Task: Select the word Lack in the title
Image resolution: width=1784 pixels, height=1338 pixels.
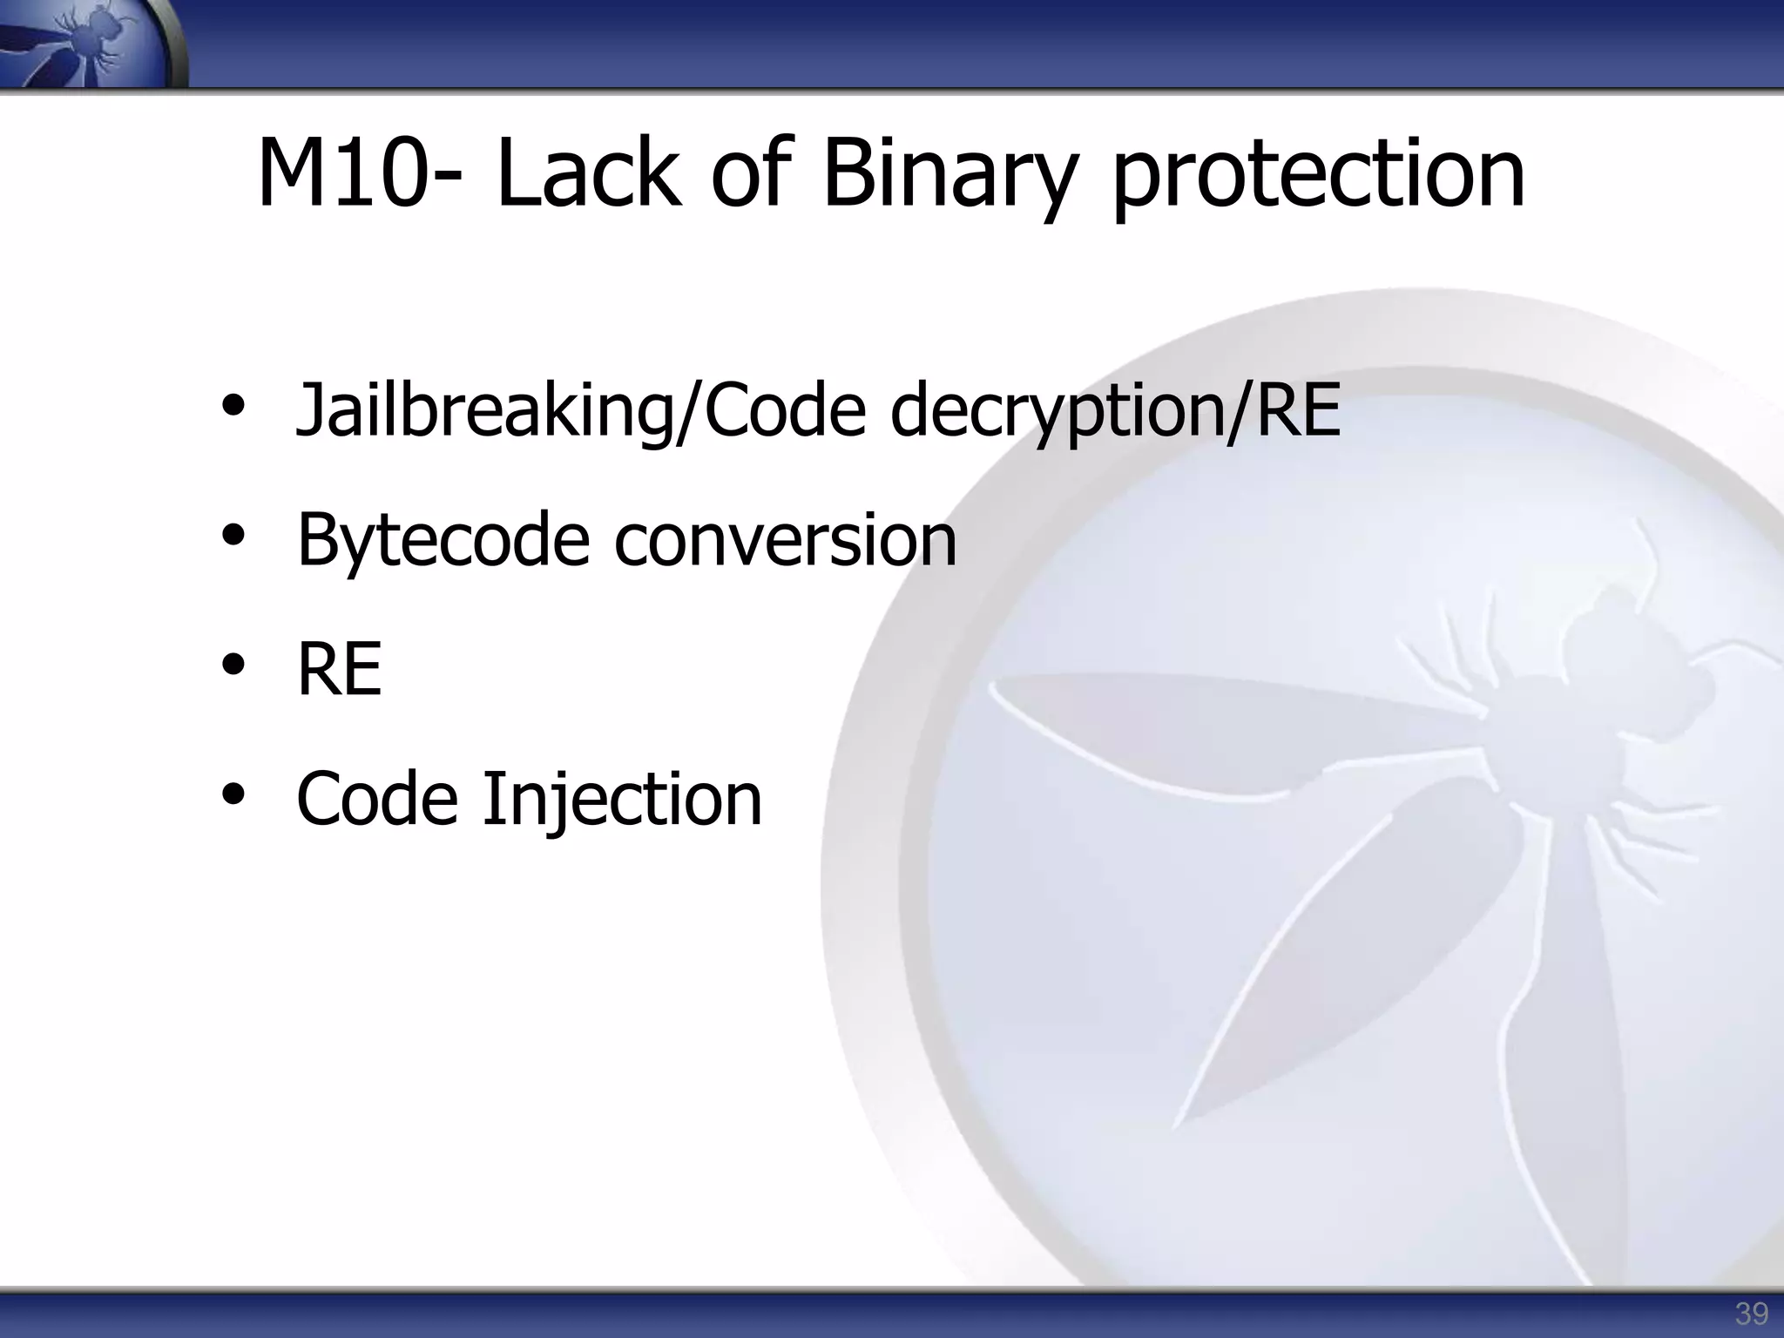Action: [589, 174]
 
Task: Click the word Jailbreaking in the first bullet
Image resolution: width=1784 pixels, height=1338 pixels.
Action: [484, 413]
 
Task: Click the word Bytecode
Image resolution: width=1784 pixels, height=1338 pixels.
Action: [443, 540]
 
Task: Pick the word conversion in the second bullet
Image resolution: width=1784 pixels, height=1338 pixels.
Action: [785, 540]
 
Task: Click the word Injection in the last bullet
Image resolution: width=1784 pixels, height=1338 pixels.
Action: [622, 799]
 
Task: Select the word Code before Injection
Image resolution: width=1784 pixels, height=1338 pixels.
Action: [377, 799]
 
